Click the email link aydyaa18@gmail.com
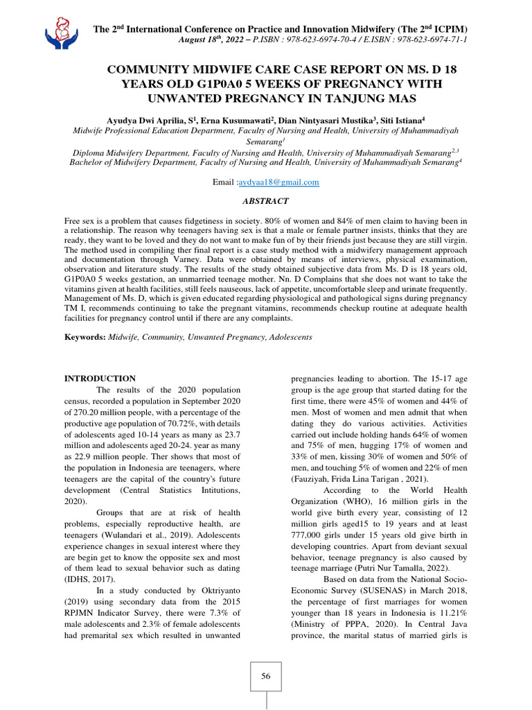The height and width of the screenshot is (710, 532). [x=278, y=182]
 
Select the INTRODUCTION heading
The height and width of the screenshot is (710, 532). [x=100, y=379]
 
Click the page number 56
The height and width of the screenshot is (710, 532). [x=265, y=676]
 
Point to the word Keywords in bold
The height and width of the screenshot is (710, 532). [x=84, y=337]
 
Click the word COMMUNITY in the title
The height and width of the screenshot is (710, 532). [x=150, y=71]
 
